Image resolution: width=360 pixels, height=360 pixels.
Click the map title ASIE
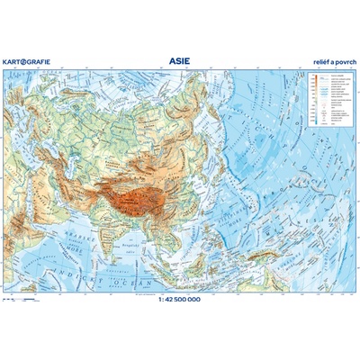click(180, 61)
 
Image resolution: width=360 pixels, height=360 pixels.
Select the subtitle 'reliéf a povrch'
click(332, 63)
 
